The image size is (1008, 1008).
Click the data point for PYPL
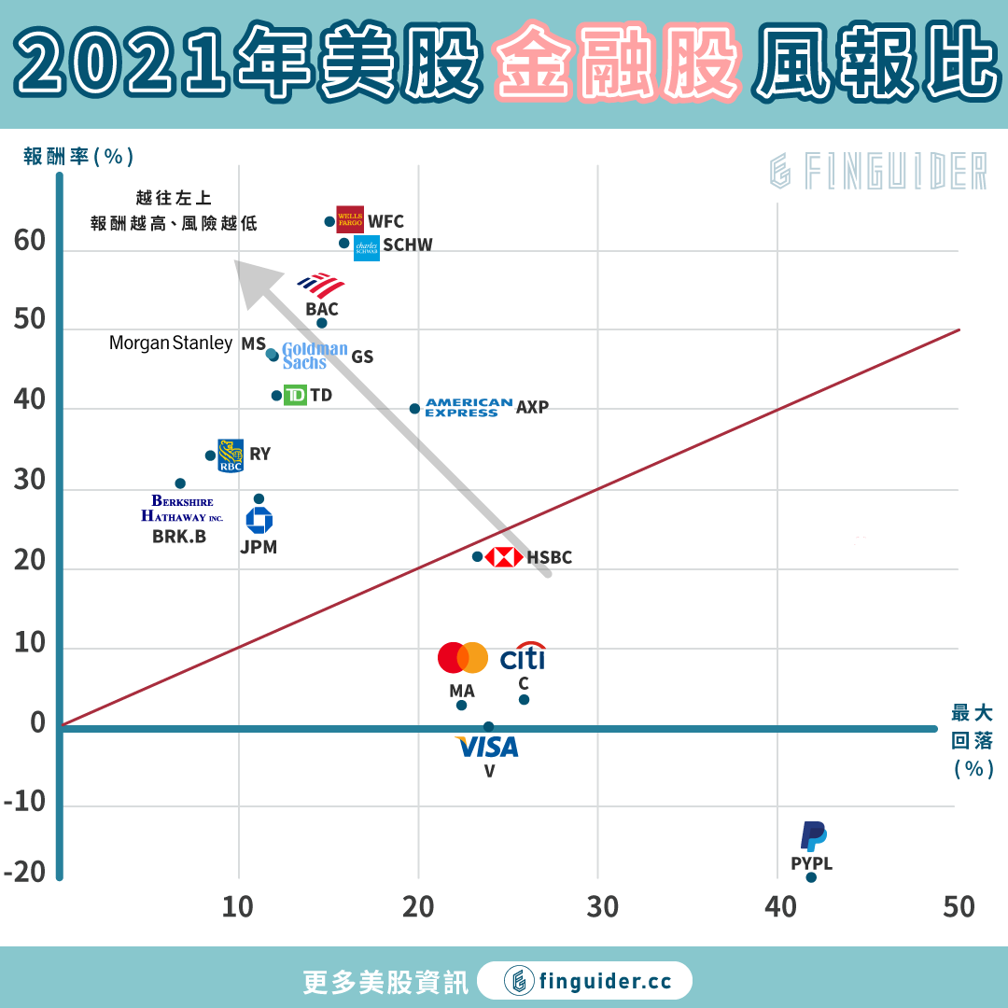coord(811,877)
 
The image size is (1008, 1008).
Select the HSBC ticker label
coord(549,558)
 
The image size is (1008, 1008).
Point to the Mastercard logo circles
coord(463,658)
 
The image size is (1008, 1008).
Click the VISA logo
coord(486,747)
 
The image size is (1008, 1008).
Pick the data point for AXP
coord(414,409)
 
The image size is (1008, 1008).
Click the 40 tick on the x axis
coord(780,906)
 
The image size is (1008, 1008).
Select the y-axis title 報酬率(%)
coord(78,156)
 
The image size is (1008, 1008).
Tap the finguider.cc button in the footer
coord(585,981)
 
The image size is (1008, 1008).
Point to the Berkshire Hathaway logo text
coord(183,509)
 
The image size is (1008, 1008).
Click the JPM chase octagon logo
coord(259,521)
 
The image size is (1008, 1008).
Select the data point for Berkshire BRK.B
coord(180,483)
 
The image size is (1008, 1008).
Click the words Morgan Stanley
coord(171,343)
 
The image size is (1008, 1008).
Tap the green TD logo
coord(295,396)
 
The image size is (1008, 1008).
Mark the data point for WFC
coord(329,222)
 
